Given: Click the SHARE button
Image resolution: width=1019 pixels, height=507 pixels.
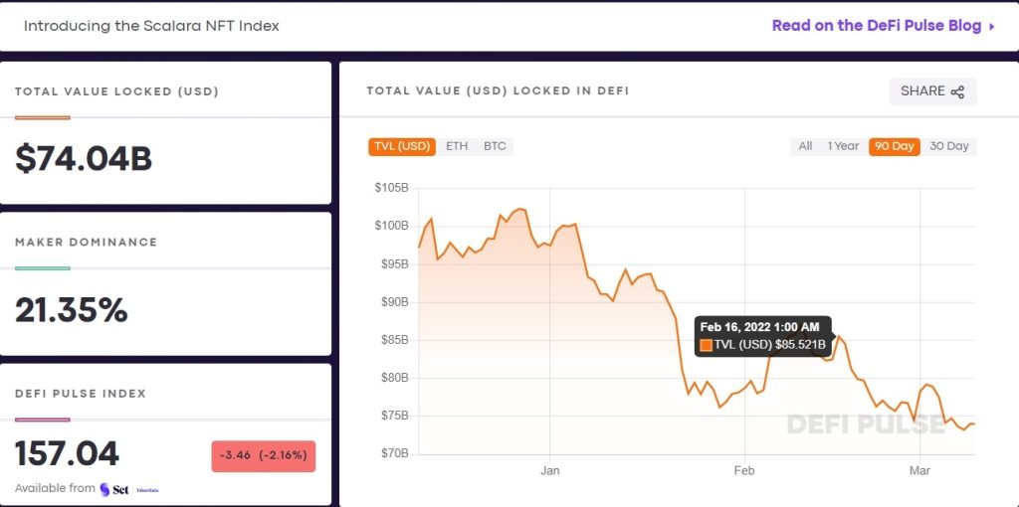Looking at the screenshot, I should point(932,91).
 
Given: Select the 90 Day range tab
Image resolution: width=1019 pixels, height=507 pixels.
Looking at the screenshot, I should point(893,146).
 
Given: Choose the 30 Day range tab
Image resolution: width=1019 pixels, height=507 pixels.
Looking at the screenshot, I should point(948,146).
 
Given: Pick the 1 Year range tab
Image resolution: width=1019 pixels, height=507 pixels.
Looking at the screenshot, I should point(843,146).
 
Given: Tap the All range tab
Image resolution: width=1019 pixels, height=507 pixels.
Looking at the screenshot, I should point(805,146).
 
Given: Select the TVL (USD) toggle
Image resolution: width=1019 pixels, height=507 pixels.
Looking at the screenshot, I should point(402,146).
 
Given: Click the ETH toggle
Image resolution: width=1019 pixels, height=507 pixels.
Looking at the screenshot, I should point(457,146).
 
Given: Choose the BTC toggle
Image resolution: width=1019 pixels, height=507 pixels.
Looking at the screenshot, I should point(495,146).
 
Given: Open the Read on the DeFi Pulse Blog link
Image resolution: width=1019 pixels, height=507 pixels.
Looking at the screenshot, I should point(884,26).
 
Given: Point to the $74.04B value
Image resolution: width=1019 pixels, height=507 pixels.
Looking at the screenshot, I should point(84,159).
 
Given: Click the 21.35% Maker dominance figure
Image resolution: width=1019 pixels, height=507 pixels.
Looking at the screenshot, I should point(72,310).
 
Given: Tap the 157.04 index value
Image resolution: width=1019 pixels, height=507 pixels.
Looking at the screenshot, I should point(68,454).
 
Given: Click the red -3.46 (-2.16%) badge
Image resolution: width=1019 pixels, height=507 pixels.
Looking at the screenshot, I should point(263,456).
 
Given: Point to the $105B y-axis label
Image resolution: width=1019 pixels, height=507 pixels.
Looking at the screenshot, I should point(391,188).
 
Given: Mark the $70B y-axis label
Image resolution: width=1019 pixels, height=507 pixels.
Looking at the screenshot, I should point(394,453).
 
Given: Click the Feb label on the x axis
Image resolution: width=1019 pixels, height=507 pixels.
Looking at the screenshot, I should point(744,471).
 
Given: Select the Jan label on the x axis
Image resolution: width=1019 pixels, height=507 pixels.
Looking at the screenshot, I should point(550,471).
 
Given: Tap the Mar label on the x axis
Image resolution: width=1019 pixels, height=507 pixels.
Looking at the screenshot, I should point(920,471).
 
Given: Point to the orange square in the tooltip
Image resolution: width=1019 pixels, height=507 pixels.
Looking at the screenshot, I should point(706,345).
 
